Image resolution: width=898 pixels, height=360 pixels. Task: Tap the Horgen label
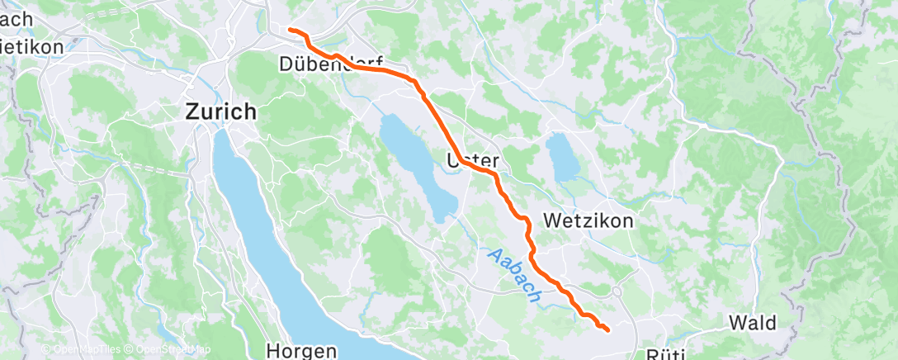pyautogui.click(x=301, y=351)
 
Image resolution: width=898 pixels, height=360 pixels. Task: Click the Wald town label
pyautogui.click(x=754, y=322)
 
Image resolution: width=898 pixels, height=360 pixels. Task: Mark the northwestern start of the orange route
pyautogui.click(x=290, y=31)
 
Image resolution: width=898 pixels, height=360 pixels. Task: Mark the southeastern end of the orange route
pyautogui.click(x=607, y=330)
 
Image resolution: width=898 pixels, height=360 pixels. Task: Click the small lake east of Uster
pyautogui.click(x=564, y=157)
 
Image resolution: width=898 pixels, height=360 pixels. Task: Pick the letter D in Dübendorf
pyautogui.click(x=286, y=64)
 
